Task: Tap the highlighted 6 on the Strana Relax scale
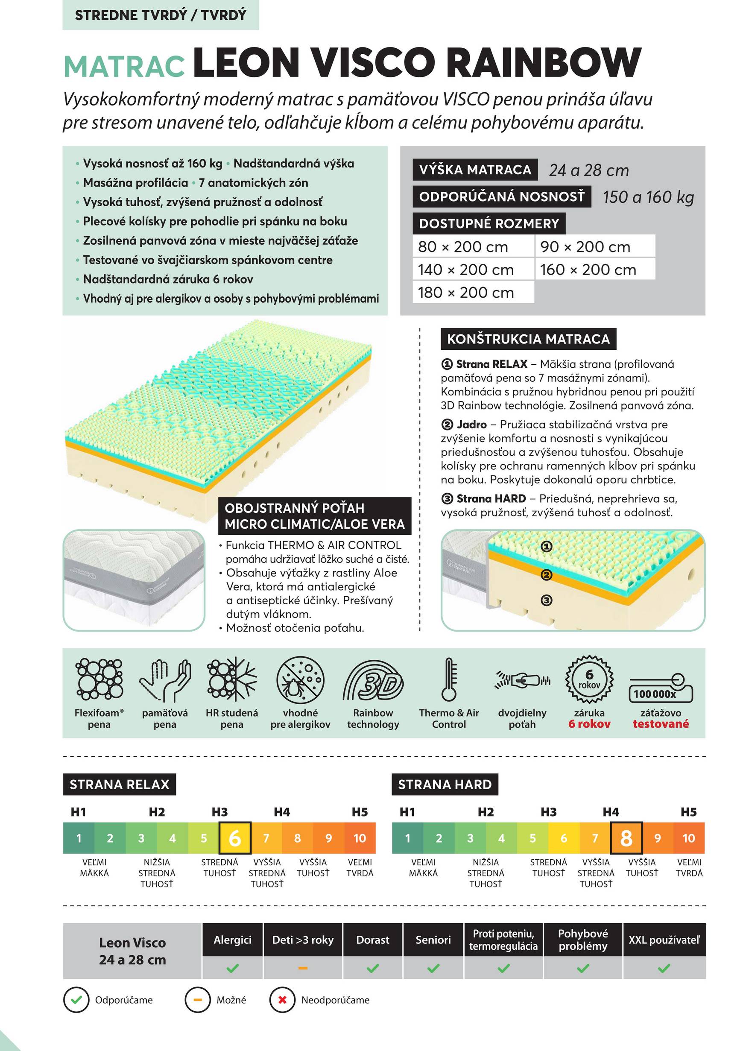tap(235, 838)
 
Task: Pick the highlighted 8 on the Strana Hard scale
tap(626, 838)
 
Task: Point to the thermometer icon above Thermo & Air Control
tap(449, 680)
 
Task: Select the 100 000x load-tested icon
tap(661, 688)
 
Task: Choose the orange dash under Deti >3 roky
tap(303, 968)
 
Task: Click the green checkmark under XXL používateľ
tap(664, 968)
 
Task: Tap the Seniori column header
tap(433, 940)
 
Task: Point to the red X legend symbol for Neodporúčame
tap(282, 1000)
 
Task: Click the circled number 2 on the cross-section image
tap(546, 575)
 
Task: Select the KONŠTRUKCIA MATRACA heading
tap(528, 339)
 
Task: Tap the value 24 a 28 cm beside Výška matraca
tap(589, 170)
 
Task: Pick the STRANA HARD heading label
tap(445, 785)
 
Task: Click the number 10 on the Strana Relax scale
tap(360, 838)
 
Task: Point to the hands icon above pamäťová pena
tap(165, 680)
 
